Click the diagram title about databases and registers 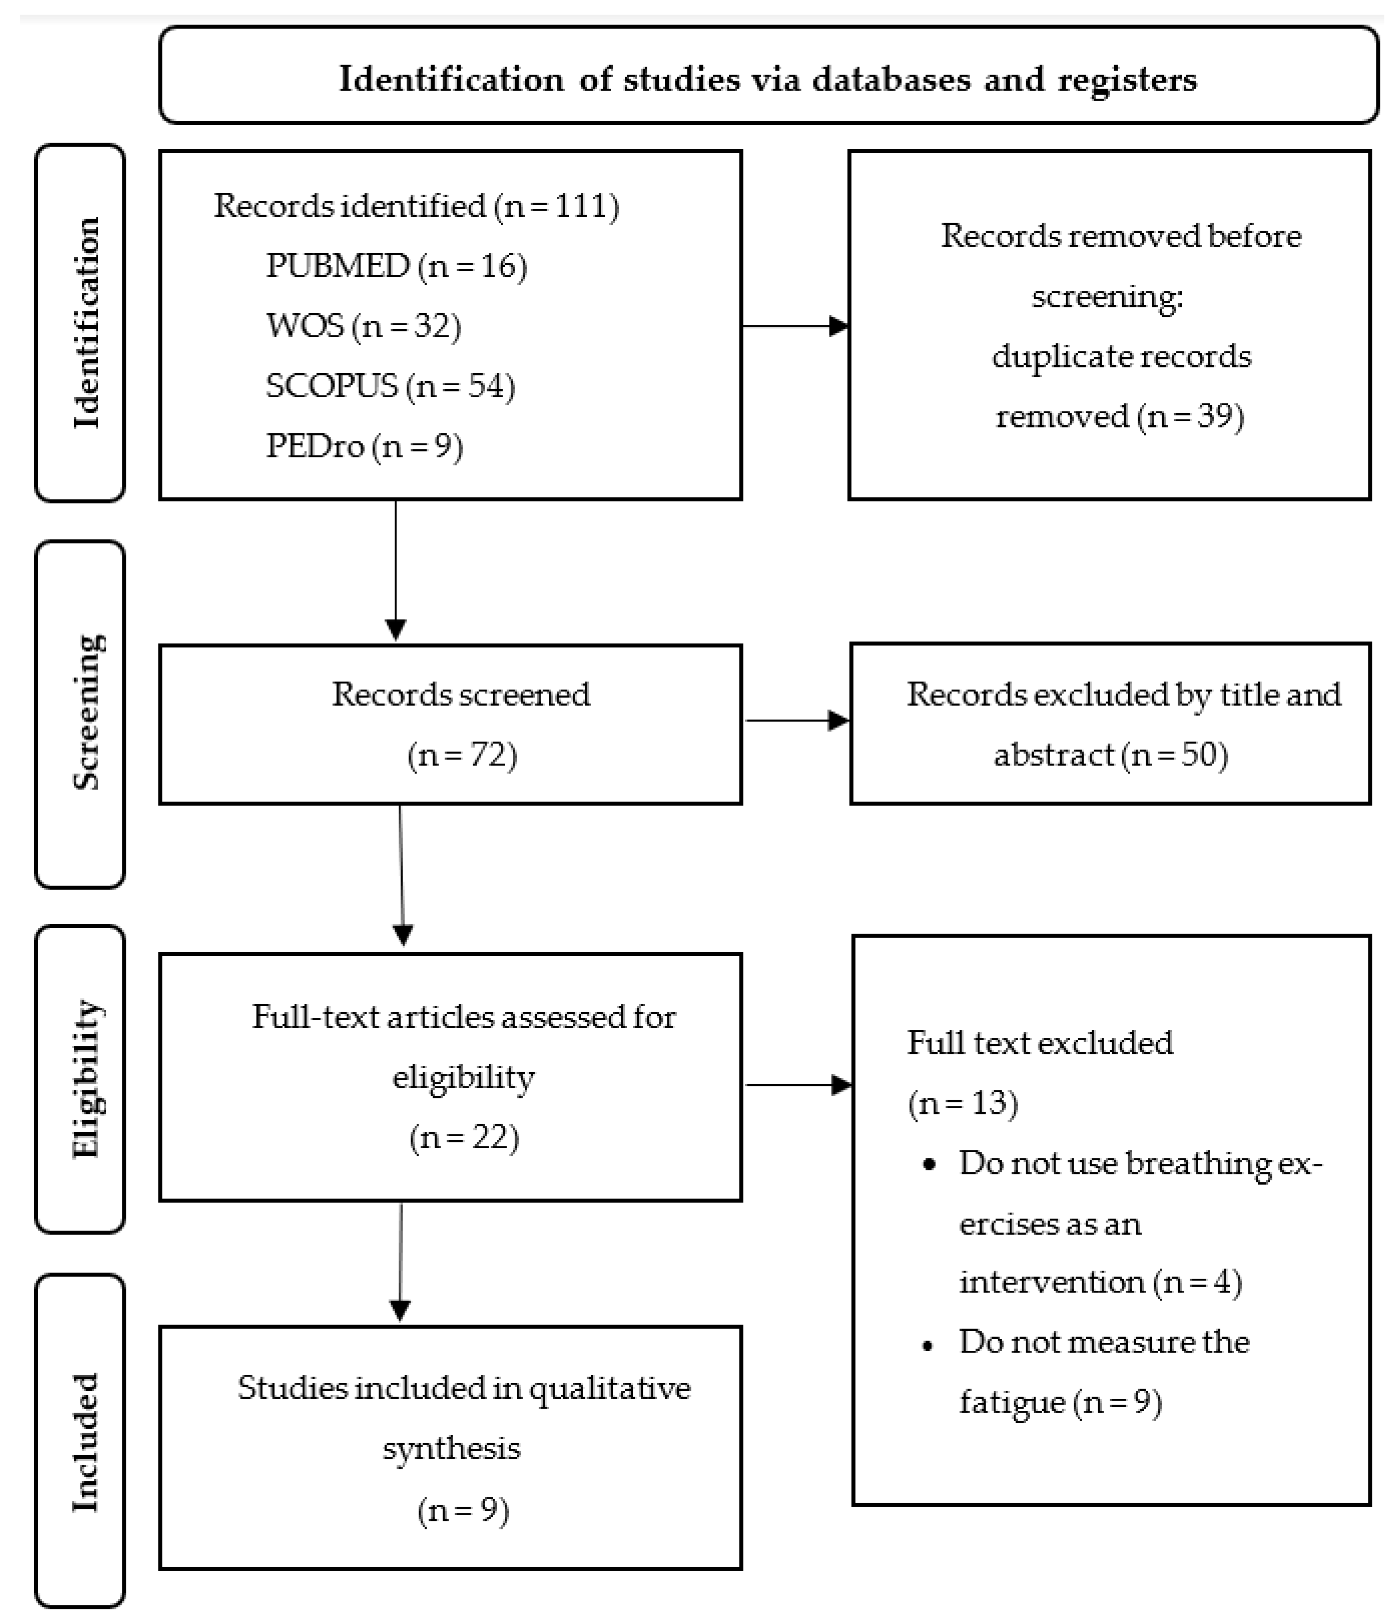pyautogui.click(x=767, y=79)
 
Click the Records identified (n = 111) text pyautogui.click(x=416, y=206)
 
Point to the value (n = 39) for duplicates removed pyautogui.click(x=1190, y=416)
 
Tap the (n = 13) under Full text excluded pyautogui.click(x=963, y=1104)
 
